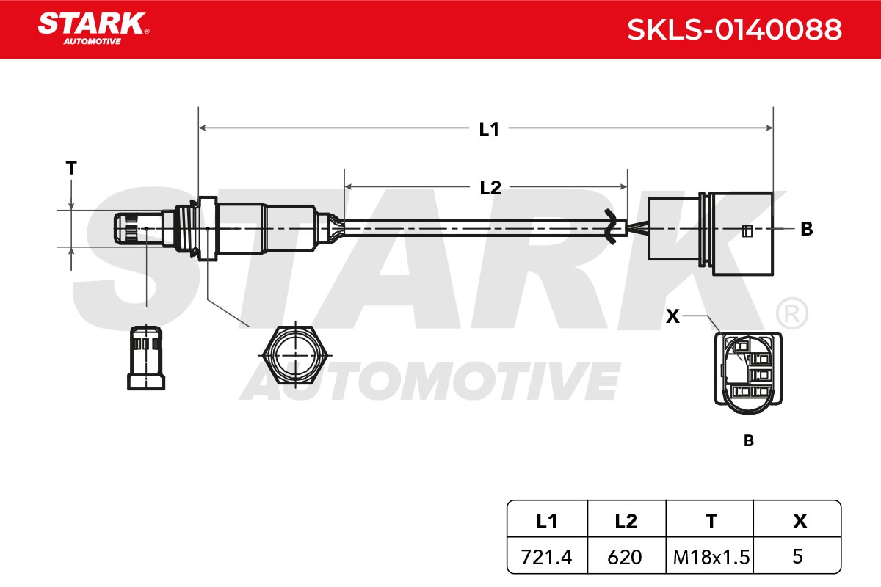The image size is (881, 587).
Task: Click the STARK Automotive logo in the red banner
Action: pyautogui.click(x=93, y=29)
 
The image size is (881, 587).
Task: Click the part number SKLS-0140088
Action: pyautogui.click(x=734, y=29)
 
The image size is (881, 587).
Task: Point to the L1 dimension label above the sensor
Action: pyautogui.click(x=489, y=129)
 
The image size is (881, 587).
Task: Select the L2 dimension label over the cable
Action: pyautogui.click(x=490, y=188)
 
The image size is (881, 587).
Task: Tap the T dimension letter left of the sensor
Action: pyautogui.click(x=71, y=168)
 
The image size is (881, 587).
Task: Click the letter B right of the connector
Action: pyautogui.click(x=806, y=228)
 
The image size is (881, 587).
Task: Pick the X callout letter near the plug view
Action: pyautogui.click(x=672, y=316)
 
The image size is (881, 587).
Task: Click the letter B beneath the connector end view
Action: pyautogui.click(x=748, y=441)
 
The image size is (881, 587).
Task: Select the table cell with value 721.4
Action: pyautogui.click(x=546, y=557)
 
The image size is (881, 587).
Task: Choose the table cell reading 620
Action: pyautogui.click(x=625, y=557)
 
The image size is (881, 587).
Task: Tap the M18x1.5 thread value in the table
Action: pyautogui.click(x=711, y=557)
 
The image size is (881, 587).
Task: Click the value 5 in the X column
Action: pyautogui.click(x=797, y=556)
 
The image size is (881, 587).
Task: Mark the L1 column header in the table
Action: pyautogui.click(x=547, y=522)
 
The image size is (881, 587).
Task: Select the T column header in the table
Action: pyautogui.click(x=711, y=522)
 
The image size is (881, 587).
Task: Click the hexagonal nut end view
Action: pyautogui.click(x=295, y=354)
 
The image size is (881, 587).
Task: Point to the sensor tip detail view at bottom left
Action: pyautogui.click(x=146, y=357)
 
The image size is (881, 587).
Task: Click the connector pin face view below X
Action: pyautogui.click(x=748, y=373)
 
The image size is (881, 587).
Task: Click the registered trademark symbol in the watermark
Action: pyautogui.click(x=791, y=313)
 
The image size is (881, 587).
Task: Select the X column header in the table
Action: pyautogui.click(x=800, y=522)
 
